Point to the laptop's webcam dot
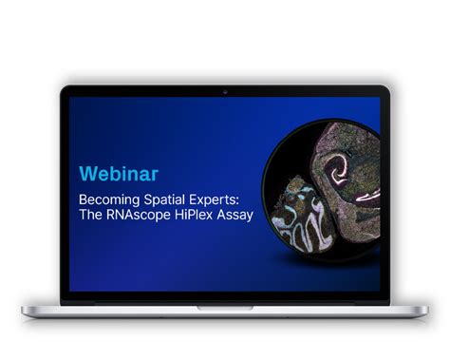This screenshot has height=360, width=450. pos(225,92)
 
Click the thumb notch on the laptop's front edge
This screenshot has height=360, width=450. pos(225,308)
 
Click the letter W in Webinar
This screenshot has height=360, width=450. pos(86,174)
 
